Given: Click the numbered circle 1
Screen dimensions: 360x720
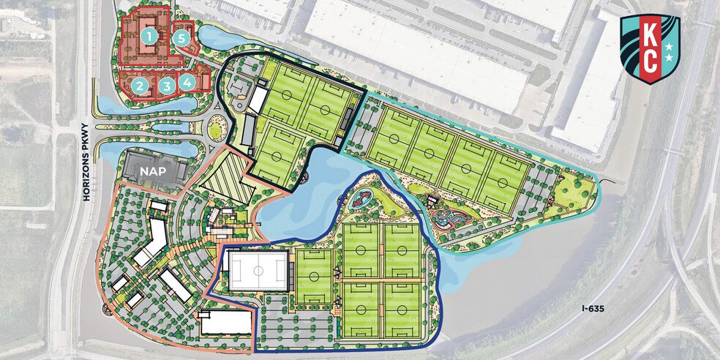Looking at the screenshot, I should point(149,35).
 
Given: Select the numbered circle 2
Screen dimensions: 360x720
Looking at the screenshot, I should point(138,86).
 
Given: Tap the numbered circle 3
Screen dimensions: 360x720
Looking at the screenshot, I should point(168,86).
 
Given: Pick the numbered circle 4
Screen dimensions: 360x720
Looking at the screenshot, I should point(188,83).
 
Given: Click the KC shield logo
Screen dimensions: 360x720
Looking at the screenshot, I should point(650,48).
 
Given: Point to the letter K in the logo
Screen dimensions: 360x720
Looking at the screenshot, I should point(650,35).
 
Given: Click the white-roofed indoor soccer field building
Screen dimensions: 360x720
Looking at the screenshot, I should point(258,270).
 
